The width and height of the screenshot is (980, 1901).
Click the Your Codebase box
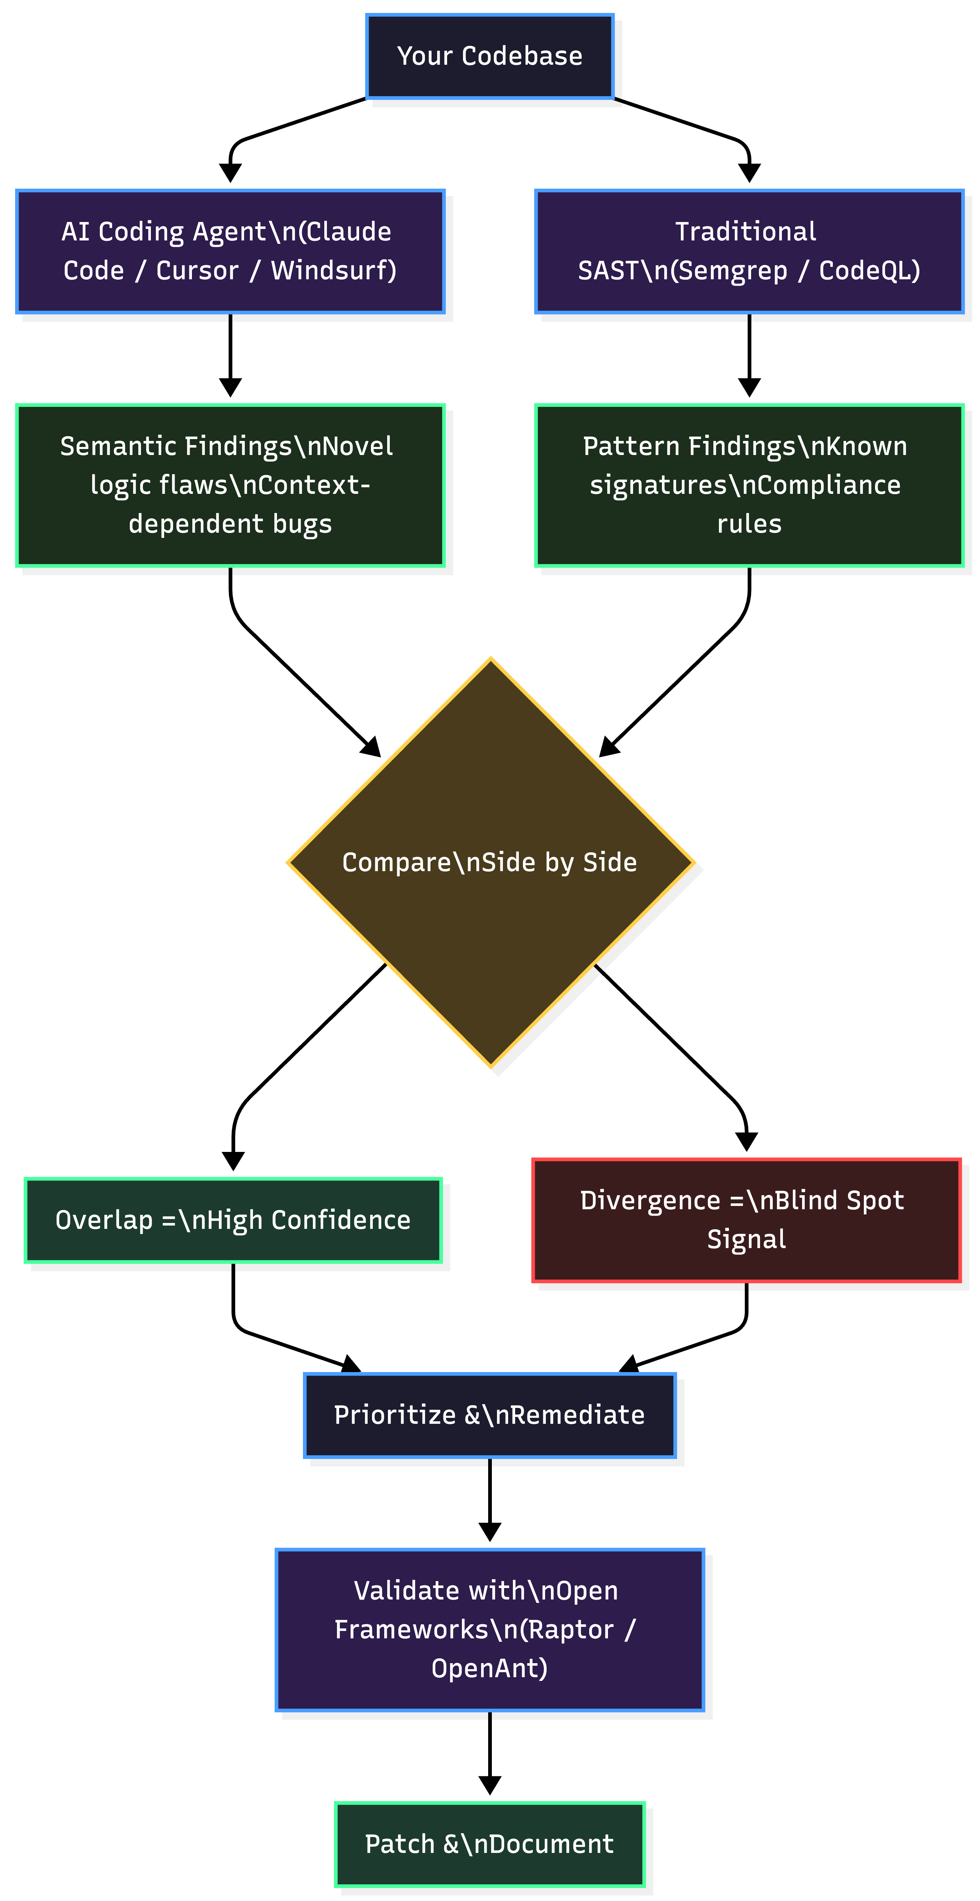point(489,56)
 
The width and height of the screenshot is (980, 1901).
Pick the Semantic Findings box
point(230,485)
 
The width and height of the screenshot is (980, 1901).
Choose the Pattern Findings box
point(749,485)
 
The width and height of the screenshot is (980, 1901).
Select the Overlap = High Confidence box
point(233,1220)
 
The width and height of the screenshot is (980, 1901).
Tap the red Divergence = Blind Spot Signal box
point(746,1220)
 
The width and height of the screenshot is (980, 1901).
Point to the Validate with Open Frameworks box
point(489,1629)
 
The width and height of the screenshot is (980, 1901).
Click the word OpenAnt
point(489,1668)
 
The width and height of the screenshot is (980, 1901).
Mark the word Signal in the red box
point(746,1239)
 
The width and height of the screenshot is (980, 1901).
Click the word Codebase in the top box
point(522,56)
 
